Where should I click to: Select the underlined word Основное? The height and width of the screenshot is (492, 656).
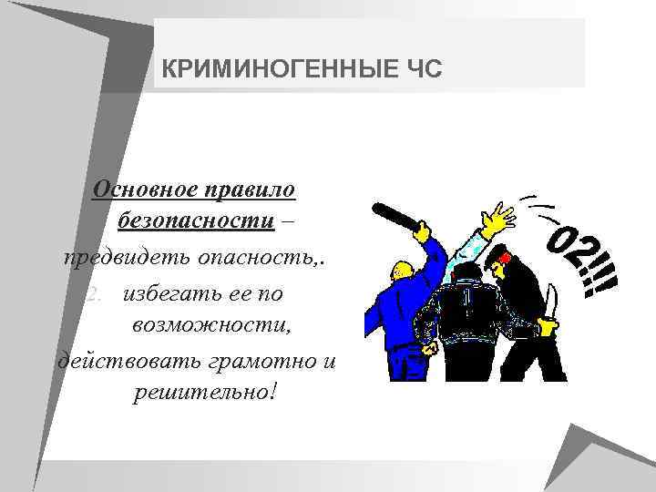145,190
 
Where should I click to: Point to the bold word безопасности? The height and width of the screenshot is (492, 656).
195,221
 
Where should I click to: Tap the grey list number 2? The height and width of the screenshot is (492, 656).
94,293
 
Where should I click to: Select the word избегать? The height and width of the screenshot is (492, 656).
169,293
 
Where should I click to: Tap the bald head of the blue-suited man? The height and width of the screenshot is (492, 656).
401,270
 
